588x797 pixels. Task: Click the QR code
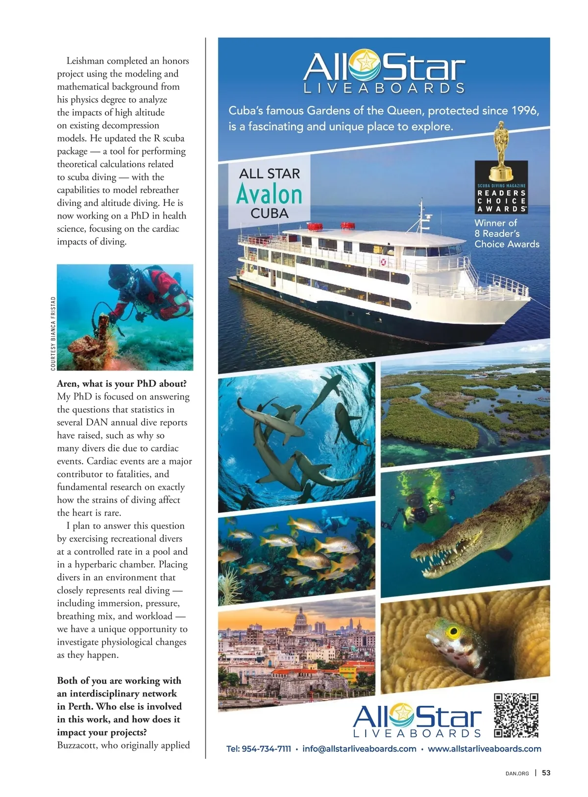pyautogui.click(x=516, y=715)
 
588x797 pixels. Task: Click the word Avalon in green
pyautogui.click(x=269, y=195)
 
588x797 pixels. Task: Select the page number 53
pyautogui.click(x=546, y=773)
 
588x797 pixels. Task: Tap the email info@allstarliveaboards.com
pyautogui.click(x=359, y=749)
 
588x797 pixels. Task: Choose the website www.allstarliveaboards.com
pyautogui.click(x=484, y=749)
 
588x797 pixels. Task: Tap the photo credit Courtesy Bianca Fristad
pyautogui.click(x=53, y=333)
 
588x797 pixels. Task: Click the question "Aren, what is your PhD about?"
pyautogui.click(x=122, y=383)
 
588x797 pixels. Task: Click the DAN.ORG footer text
pyautogui.click(x=517, y=773)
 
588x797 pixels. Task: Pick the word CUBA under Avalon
pyautogui.click(x=269, y=214)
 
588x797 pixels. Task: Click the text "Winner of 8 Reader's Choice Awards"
pyautogui.click(x=506, y=233)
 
